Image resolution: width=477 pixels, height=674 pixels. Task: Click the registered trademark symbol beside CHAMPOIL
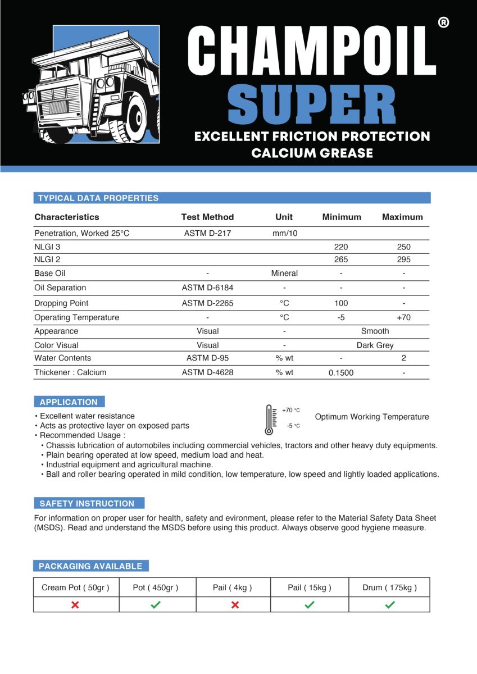(443, 23)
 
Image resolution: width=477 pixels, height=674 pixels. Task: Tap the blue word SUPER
(312, 105)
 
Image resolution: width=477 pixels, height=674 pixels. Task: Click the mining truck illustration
(93, 84)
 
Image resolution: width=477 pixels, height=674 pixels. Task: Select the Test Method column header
(207, 217)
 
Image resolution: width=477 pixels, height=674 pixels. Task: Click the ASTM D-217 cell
(207, 233)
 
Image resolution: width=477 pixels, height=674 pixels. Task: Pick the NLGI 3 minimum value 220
(341, 247)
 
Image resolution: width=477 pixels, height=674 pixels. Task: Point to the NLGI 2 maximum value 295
(403, 259)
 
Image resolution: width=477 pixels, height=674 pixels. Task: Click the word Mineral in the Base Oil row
(284, 273)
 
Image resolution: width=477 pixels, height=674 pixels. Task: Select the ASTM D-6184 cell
(207, 288)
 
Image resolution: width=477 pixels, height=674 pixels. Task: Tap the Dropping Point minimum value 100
(341, 303)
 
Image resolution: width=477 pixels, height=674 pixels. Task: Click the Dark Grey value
(375, 345)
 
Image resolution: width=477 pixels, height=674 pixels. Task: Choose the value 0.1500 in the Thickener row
(341, 372)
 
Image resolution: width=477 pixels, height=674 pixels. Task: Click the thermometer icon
(270, 420)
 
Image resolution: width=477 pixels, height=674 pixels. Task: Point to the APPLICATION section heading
(69, 402)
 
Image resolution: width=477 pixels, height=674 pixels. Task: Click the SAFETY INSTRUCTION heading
(87, 503)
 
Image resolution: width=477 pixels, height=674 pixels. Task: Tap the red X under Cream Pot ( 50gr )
(75, 604)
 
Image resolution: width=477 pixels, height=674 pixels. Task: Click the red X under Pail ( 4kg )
(235, 604)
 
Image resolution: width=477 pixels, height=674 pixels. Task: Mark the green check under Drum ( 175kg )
(390, 604)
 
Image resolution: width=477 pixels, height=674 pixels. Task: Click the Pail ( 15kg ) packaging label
(310, 588)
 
